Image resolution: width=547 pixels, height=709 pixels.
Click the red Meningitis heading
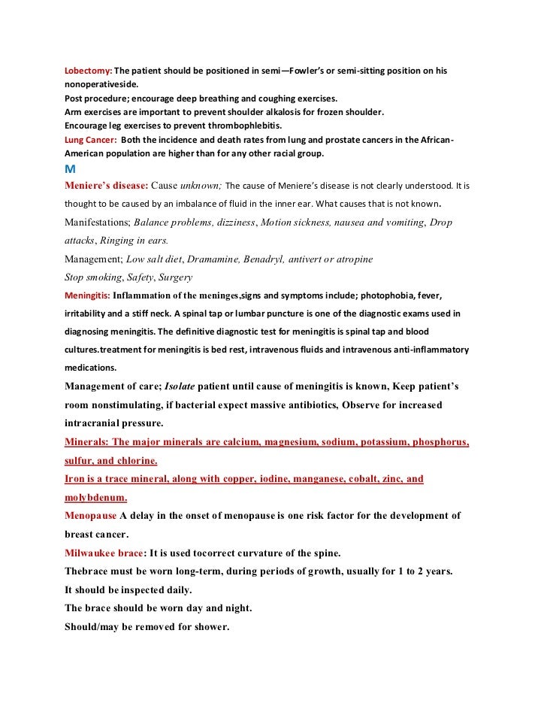88,295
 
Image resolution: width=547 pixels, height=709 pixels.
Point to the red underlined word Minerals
86,442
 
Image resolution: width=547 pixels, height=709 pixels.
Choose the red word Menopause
91,516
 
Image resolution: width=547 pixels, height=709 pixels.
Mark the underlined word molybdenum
95,497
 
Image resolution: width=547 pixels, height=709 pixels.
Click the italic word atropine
349,259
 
